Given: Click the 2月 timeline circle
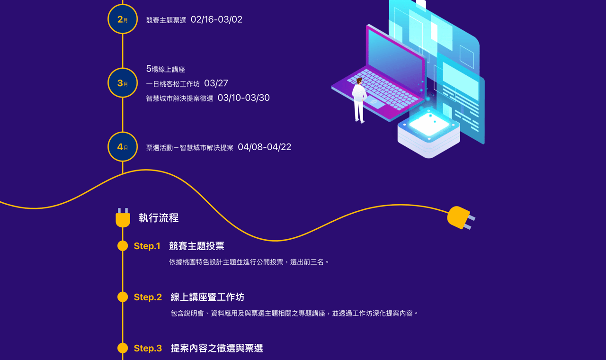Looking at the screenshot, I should point(123,19).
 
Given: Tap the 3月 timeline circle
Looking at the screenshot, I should point(123,83).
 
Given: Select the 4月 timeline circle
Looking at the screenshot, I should point(123,147).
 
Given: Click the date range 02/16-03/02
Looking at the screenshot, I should point(216,19).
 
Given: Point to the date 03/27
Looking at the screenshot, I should point(216,83).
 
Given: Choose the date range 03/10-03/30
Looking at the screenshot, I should point(243,98).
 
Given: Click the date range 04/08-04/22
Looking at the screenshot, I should point(264,147).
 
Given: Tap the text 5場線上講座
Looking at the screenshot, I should point(165,69).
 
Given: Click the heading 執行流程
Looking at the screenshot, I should point(159,218).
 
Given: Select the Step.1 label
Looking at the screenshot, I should point(147,246).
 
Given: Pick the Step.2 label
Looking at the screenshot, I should point(148,297).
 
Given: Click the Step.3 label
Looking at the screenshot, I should point(148,349).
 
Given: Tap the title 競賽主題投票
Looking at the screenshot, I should point(196,246).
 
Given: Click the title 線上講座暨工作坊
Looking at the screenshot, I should point(207,297).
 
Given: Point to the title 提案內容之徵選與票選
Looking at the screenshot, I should point(217,349).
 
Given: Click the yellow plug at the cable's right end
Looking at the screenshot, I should point(460,217).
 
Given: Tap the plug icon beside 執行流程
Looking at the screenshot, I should point(123,218).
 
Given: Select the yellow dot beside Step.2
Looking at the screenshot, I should point(123,297).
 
